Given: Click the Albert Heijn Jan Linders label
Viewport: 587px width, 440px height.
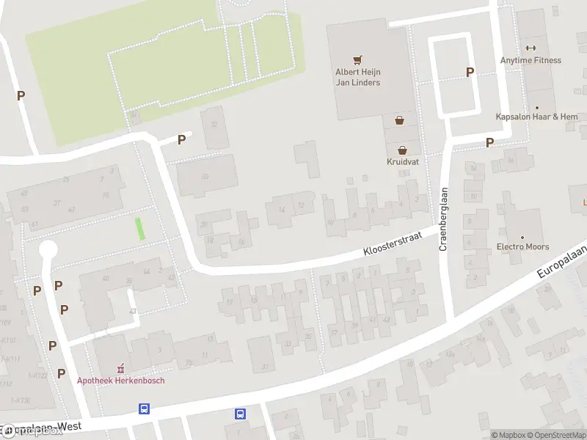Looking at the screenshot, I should pos(357,77).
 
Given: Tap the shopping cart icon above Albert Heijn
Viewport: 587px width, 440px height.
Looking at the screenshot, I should pos(357,60).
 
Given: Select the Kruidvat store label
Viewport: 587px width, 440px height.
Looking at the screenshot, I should pos(403,161).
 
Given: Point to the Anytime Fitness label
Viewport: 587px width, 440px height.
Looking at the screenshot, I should pos(531,60).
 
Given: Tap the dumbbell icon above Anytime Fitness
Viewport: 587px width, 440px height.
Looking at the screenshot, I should pos(527,48).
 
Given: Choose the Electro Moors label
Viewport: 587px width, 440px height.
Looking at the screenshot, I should pos(523,246).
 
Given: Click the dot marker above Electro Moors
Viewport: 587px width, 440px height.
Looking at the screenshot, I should pos(523,237).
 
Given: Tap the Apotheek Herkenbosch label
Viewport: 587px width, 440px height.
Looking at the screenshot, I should pos(121,380).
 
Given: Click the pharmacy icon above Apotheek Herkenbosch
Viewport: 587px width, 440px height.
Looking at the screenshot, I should pos(122,367).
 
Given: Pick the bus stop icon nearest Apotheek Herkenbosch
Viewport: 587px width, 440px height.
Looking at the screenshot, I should pos(145,408).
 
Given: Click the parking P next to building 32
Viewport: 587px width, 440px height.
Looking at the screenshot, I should pos(181,139).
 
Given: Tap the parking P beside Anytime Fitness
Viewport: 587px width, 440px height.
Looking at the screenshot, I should pos(470,72).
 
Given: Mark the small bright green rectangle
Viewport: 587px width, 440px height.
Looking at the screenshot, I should pos(140,228).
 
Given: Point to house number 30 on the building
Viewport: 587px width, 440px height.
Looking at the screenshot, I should pos(205,177).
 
